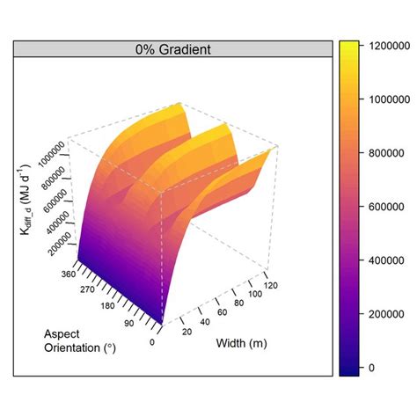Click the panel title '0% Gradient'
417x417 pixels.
[x=172, y=49]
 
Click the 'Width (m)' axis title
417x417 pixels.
[x=241, y=343]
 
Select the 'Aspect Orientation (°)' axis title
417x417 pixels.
[x=80, y=340]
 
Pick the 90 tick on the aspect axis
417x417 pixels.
[x=130, y=325]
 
